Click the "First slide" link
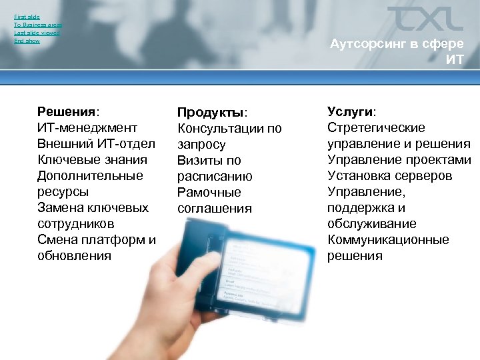(27, 16)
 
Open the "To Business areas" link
(38, 24)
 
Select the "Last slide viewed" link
(37, 33)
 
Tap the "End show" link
(27, 41)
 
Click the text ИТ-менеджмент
(87, 127)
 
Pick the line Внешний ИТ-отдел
(96, 143)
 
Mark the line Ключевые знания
(92, 159)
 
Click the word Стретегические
(376, 127)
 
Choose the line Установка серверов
(389, 175)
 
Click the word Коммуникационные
(388, 239)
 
